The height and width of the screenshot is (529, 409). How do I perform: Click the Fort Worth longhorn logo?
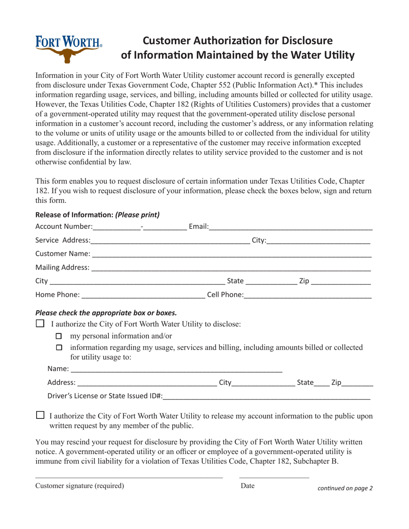point(69,49)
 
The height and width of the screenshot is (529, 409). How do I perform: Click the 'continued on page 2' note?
point(345,488)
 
